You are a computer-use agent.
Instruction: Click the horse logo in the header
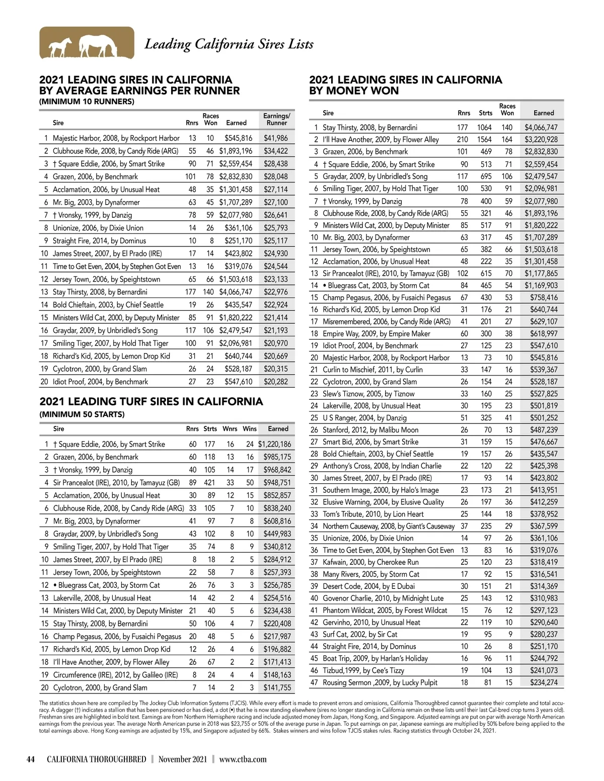click(87, 43)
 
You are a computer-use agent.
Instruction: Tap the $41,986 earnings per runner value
click(276, 138)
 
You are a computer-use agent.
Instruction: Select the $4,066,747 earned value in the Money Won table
click(541, 128)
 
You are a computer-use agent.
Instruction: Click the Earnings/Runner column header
click(276, 119)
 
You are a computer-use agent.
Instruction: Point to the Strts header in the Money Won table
click(486, 113)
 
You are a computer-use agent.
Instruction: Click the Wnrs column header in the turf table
click(230, 429)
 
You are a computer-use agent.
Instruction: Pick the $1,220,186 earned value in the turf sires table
click(274, 444)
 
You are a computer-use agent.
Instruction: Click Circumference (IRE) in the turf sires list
click(115, 675)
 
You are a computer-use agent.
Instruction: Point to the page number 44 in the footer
click(31, 759)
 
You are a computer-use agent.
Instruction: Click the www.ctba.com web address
click(243, 759)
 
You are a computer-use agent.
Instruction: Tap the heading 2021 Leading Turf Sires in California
click(151, 401)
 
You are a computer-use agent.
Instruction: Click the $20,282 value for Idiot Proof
click(276, 382)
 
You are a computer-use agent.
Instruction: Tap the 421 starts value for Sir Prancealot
click(209, 482)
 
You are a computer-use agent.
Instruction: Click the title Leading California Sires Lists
click(229, 44)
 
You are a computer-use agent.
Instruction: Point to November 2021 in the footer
click(182, 759)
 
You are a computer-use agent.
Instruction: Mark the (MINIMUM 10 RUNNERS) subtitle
click(87, 102)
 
